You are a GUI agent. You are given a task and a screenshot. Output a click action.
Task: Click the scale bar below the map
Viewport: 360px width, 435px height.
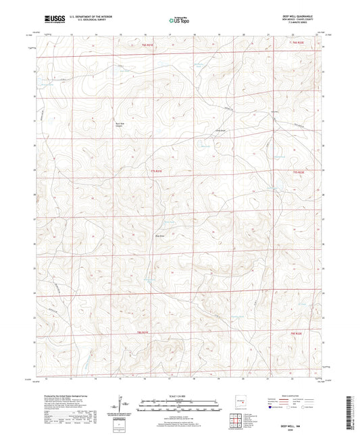180,404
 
